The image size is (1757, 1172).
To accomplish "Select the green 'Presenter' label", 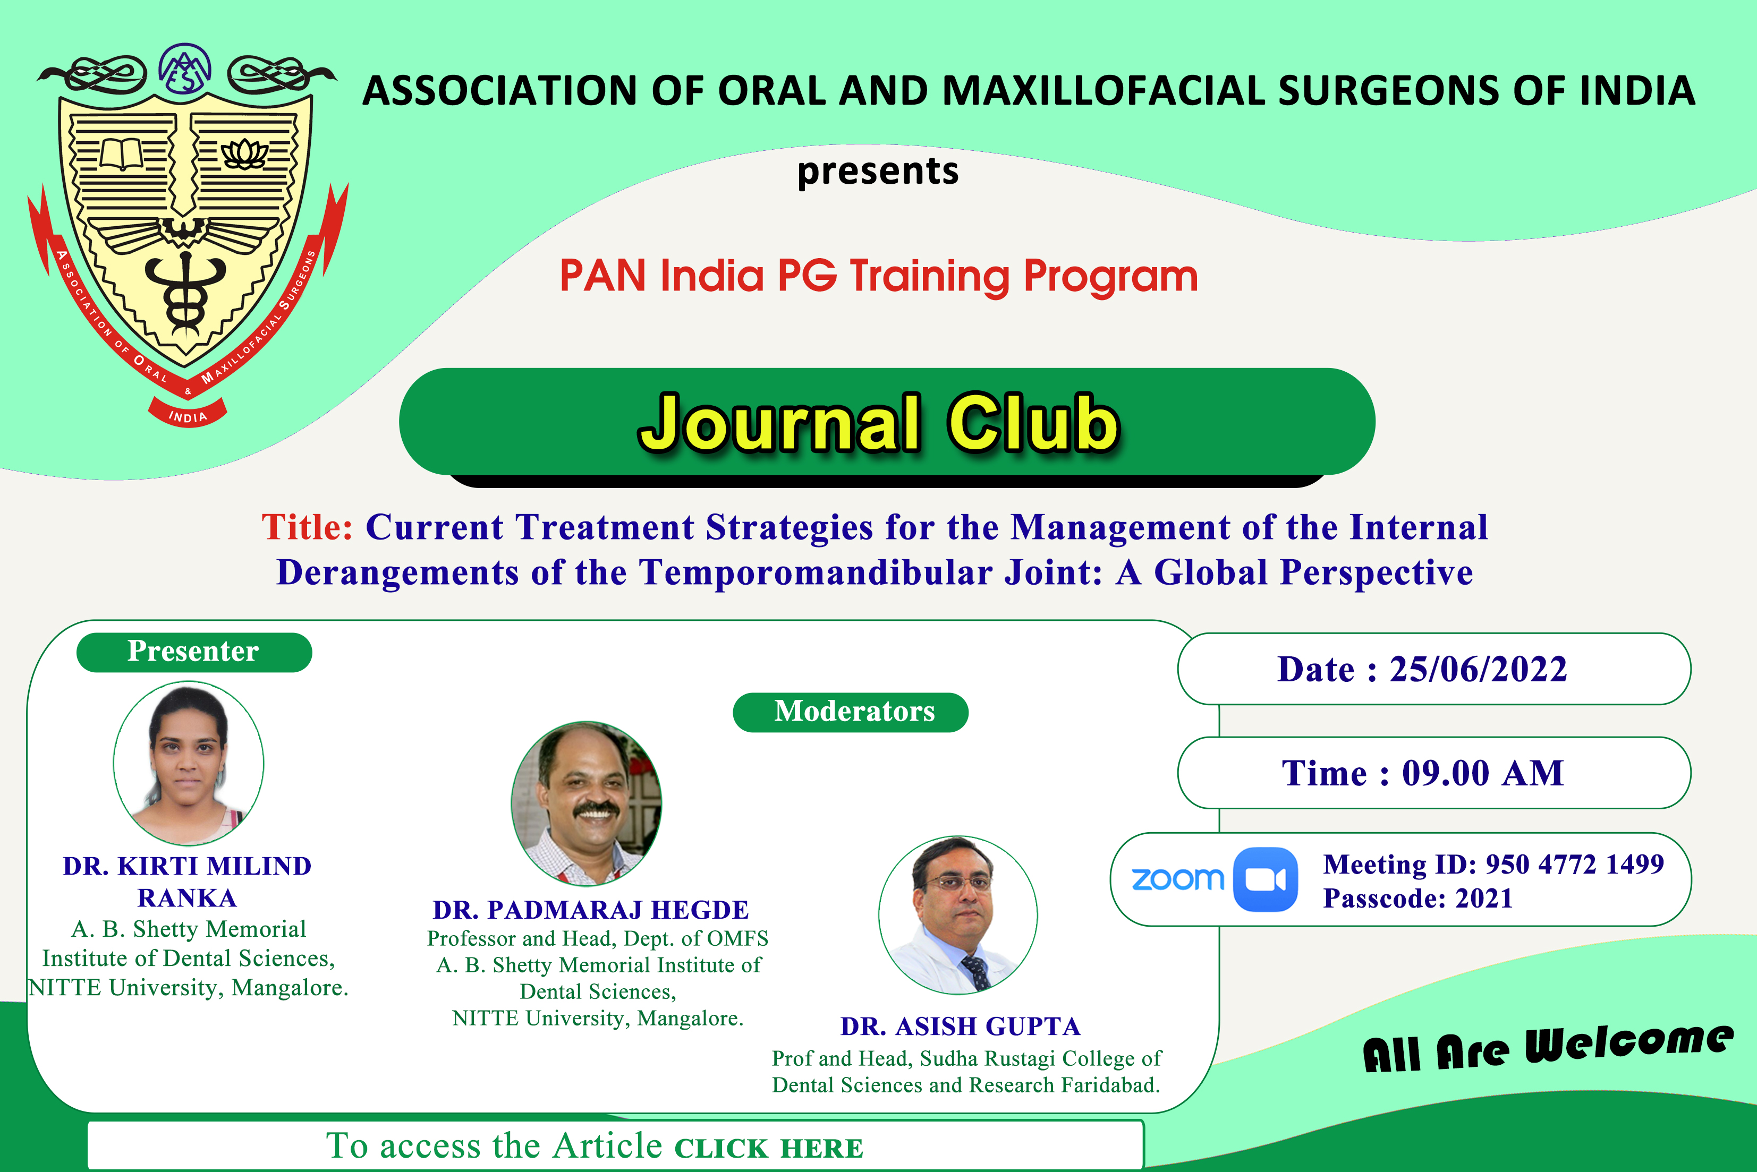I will coord(193,652).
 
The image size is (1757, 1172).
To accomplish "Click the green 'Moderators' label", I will coord(853,712).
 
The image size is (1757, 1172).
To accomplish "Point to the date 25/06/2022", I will coord(1478,669).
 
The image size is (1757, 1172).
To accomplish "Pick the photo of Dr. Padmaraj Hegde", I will coord(586,803).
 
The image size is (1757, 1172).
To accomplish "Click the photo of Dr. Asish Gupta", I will coord(958,915).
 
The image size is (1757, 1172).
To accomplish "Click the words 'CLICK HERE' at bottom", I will coord(769,1148).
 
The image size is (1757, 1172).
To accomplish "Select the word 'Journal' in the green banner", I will coord(779,423).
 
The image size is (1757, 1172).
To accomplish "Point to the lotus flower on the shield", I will coord(244,155).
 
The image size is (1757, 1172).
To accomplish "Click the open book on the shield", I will coord(122,154).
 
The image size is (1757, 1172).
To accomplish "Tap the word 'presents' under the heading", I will coord(877,171).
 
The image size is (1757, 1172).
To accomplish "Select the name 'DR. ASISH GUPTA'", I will coord(960,1026).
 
